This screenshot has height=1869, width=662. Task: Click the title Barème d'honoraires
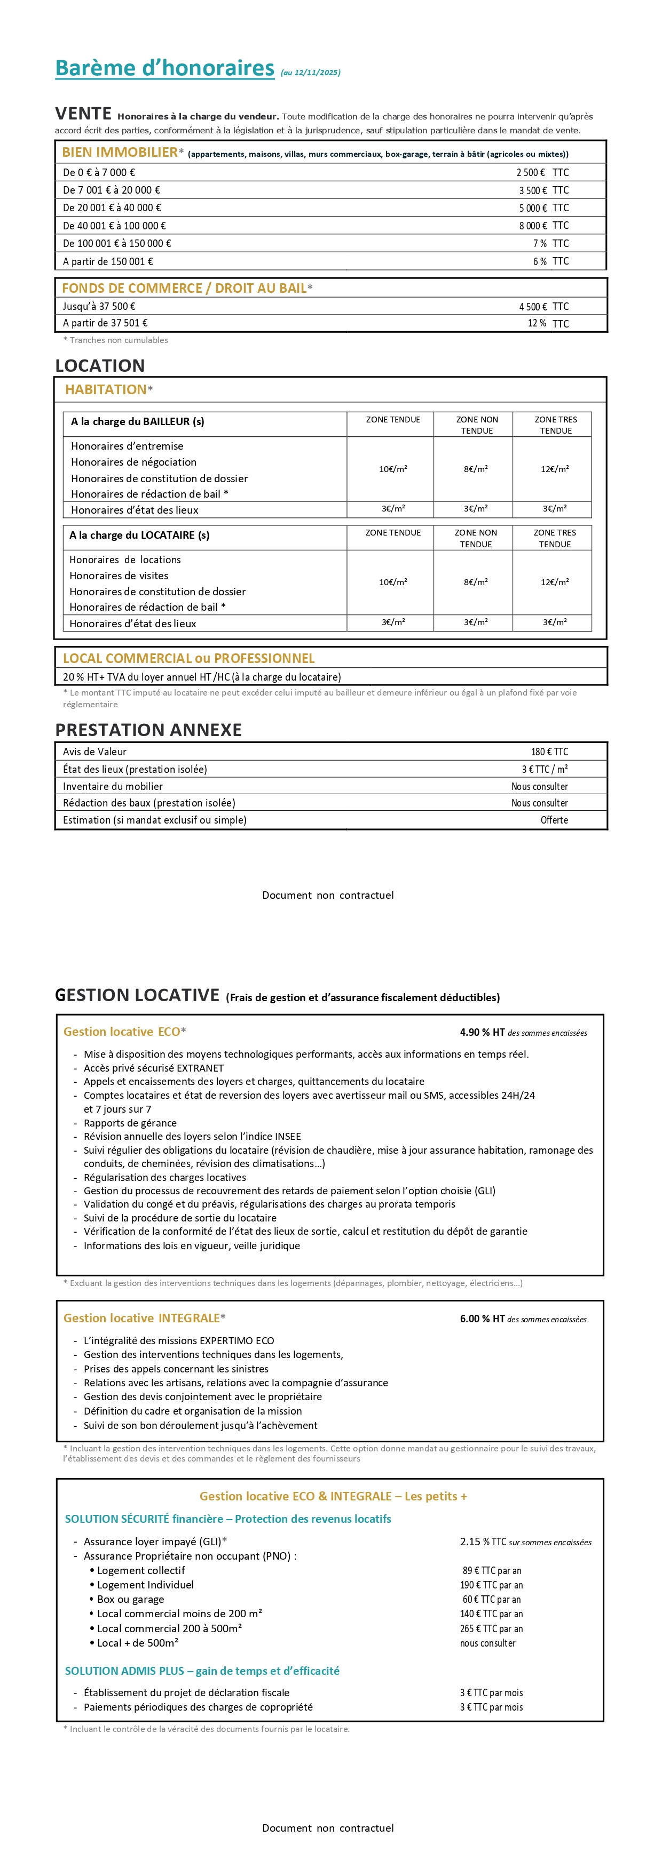(165, 68)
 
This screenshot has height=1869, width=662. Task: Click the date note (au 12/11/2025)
(310, 73)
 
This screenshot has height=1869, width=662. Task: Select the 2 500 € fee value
(531, 173)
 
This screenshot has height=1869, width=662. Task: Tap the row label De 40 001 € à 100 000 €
(114, 226)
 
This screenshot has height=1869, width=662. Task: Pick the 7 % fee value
(539, 244)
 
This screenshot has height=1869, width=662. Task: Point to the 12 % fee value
(537, 323)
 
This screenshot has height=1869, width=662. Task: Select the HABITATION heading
(106, 389)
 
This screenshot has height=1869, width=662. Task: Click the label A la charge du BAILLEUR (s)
(137, 421)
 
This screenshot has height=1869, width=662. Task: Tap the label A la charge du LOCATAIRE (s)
(139, 536)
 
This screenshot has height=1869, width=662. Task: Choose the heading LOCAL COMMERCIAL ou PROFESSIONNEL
(189, 659)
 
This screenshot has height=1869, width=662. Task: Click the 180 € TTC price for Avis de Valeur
(549, 752)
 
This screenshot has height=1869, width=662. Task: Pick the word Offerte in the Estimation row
(554, 820)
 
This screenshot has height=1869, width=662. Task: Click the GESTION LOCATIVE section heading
(137, 995)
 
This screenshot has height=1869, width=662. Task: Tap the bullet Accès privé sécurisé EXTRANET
(153, 1068)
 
